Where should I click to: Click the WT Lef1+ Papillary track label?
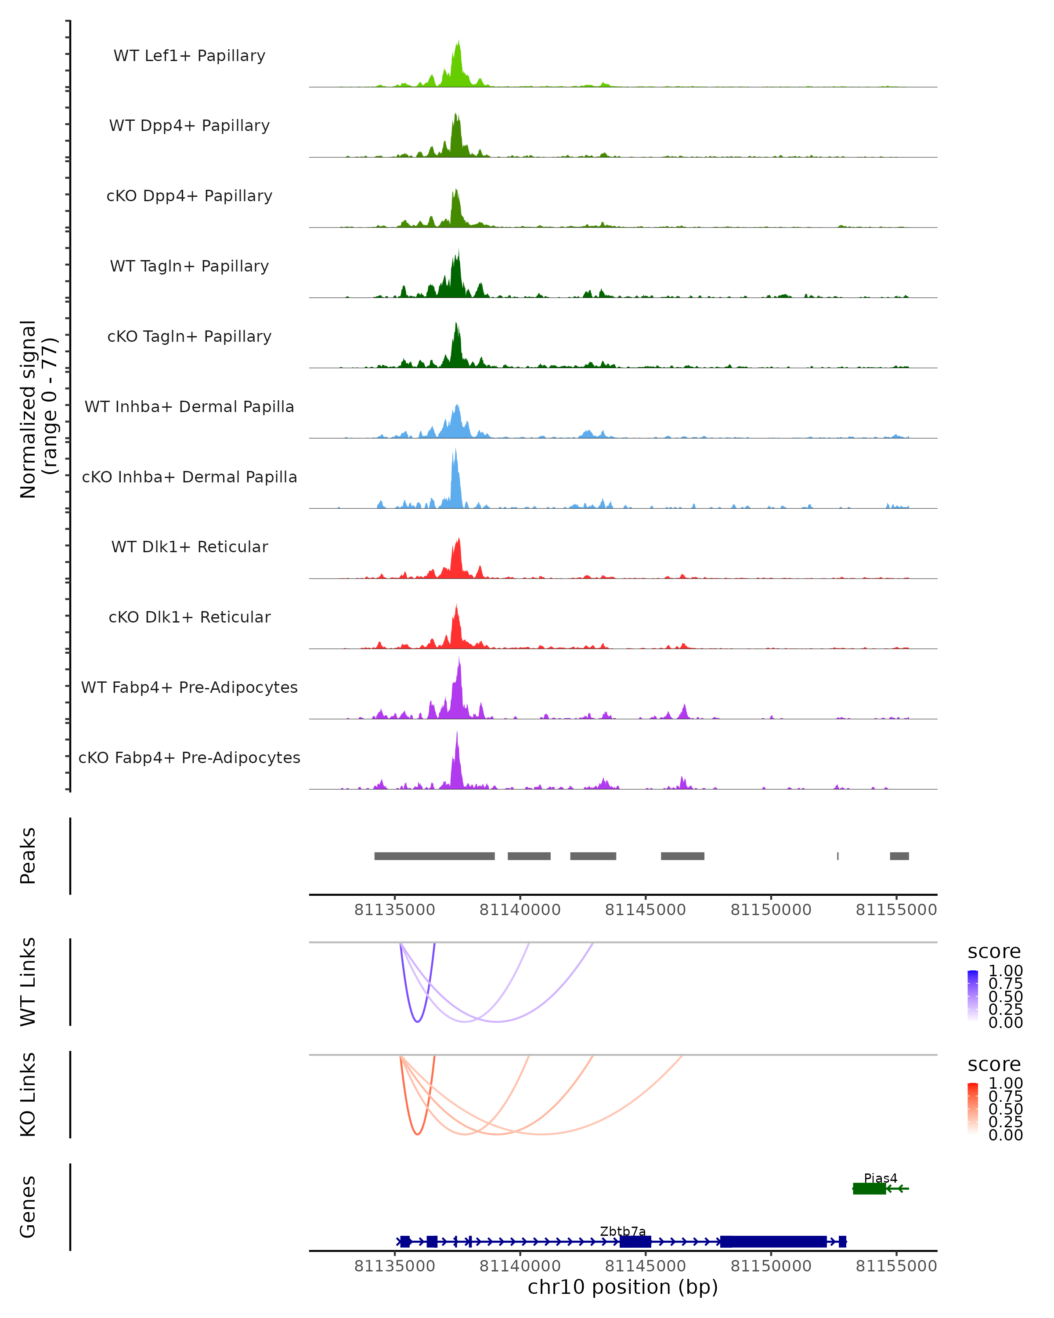tap(189, 56)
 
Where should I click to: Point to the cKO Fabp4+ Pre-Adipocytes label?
tap(189, 757)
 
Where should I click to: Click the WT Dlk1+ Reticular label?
tap(189, 547)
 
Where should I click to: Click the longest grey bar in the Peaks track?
tap(434, 856)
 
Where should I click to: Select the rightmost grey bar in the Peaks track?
tap(899, 856)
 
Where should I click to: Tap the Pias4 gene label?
tap(881, 1178)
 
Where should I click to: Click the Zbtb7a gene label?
tap(623, 1231)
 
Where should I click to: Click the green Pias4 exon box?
tap(869, 1188)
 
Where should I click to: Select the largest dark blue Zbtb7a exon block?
tap(773, 1242)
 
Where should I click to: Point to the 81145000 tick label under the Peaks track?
tap(645, 910)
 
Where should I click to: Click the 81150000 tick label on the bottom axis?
tap(771, 1266)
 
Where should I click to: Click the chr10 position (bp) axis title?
tap(623, 1287)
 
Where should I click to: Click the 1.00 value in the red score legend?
tap(1005, 1083)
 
